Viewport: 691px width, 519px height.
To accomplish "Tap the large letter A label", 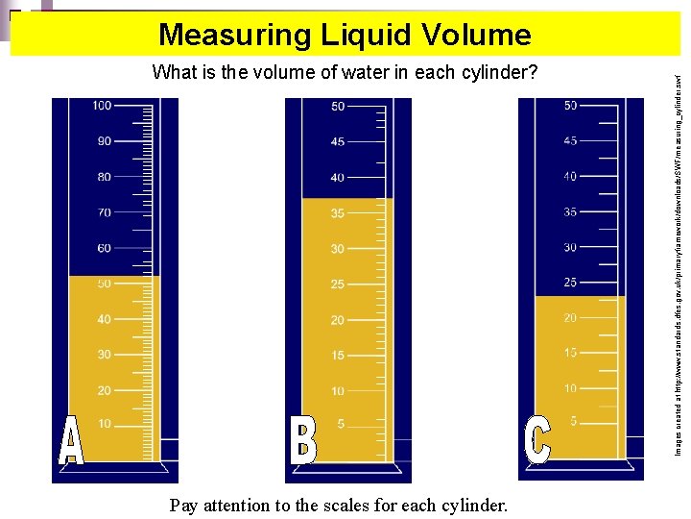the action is pos(71,443).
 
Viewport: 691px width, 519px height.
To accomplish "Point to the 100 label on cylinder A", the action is pos(102,106).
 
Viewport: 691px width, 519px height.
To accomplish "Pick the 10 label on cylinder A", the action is pos(104,424).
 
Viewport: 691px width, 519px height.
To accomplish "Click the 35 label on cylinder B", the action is pos(338,213).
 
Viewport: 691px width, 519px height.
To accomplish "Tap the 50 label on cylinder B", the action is pos(338,107).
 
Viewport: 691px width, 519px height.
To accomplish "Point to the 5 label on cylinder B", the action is pos(341,424).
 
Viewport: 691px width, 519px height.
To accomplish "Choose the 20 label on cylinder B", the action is pos(338,320).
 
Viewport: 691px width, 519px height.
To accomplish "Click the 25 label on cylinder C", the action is pos(570,283).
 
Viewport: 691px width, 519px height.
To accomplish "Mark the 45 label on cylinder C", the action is pos(570,141).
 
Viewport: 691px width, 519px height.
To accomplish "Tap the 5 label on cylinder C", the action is pos(573,421).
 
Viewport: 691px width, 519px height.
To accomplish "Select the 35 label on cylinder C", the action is pos(570,212).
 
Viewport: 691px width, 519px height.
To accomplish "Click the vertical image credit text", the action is pos(678,259).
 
